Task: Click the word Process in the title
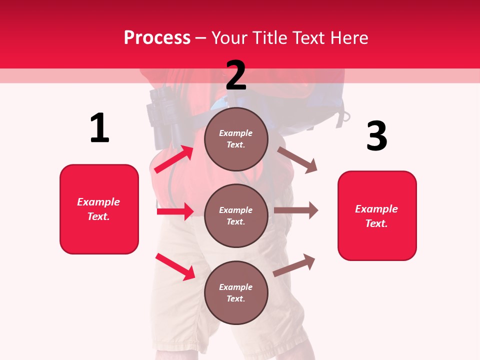pos(157,37)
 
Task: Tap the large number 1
pos(99,128)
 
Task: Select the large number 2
pos(236,75)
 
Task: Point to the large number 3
pos(376,136)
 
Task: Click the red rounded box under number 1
pos(99,209)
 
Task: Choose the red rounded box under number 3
pos(377,215)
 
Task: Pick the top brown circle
pos(236,139)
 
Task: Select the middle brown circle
pos(236,215)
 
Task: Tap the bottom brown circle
pos(236,292)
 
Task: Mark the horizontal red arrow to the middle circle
pos(175,211)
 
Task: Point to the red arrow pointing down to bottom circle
pos(175,266)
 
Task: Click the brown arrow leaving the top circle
pos(297,159)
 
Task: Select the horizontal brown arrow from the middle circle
pos(296,210)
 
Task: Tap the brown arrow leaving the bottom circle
pos(294,265)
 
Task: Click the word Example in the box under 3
pos(376,209)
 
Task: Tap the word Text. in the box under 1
pos(98,216)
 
